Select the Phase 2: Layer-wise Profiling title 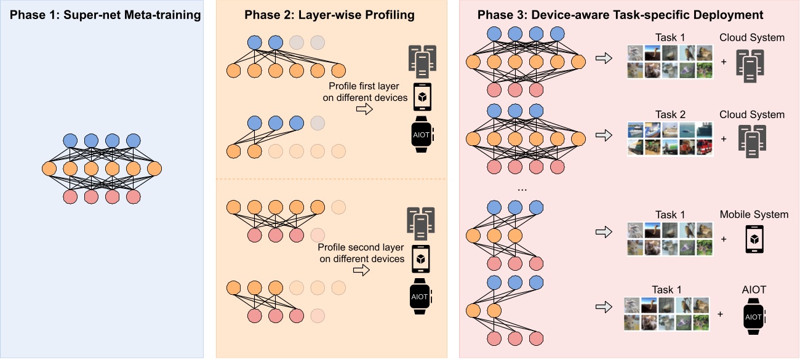pyautogui.click(x=331, y=15)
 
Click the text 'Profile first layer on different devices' pyautogui.click(x=368, y=92)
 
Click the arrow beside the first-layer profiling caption pyautogui.click(x=365, y=109)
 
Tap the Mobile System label pyautogui.click(x=754, y=215)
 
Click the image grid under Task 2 pyautogui.click(x=670, y=139)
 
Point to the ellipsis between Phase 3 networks pyautogui.click(x=522, y=188)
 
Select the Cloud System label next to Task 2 pyautogui.click(x=752, y=114)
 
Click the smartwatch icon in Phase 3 pyautogui.click(x=754, y=316)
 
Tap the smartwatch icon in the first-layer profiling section pyautogui.click(x=422, y=134)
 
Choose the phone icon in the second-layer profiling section pyautogui.click(x=420, y=259)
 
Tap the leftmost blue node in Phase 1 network pyautogui.click(x=70, y=140)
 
